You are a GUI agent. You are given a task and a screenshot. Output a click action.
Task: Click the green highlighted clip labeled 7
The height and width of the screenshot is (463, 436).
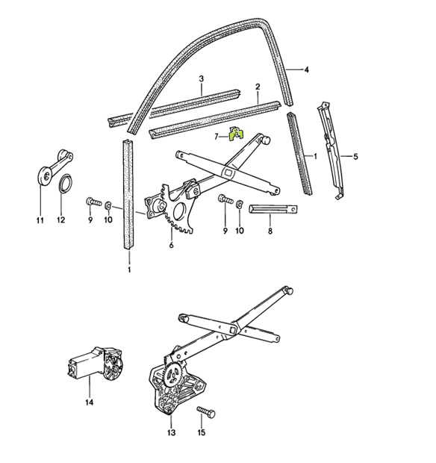[237, 134]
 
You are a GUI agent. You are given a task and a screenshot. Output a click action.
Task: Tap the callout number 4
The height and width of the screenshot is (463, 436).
[306, 70]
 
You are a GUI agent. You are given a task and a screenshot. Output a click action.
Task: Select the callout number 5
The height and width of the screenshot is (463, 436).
[355, 156]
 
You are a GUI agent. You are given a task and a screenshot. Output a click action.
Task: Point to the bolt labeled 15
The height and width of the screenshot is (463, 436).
[206, 412]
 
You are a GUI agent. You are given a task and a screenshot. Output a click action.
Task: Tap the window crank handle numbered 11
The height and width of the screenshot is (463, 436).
[55, 167]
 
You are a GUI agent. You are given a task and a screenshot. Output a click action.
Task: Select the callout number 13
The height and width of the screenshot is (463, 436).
[171, 432]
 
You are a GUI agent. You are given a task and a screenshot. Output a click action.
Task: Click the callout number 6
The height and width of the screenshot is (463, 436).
[171, 245]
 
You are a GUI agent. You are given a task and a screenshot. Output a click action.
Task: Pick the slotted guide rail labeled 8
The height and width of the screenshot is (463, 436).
[273, 209]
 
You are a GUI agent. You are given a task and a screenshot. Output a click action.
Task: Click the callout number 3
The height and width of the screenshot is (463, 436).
[202, 79]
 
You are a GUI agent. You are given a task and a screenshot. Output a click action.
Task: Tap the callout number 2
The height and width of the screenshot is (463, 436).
[258, 87]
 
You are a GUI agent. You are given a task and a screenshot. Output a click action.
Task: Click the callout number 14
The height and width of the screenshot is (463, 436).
[89, 403]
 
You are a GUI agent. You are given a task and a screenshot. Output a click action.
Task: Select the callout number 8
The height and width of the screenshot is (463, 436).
[270, 231]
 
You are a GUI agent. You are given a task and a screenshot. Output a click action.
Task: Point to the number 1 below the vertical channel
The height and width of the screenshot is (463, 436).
[129, 270]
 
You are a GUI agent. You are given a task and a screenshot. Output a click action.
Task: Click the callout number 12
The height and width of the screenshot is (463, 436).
[60, 220]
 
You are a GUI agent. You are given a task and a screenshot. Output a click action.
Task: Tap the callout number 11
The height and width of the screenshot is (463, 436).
[40, 220]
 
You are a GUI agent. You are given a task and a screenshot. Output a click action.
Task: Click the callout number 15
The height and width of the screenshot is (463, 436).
[201, 432]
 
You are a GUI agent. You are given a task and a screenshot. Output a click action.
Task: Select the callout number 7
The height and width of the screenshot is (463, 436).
[217, 137]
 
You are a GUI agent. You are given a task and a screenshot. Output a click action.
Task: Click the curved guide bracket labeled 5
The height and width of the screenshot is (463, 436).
[330, 151]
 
